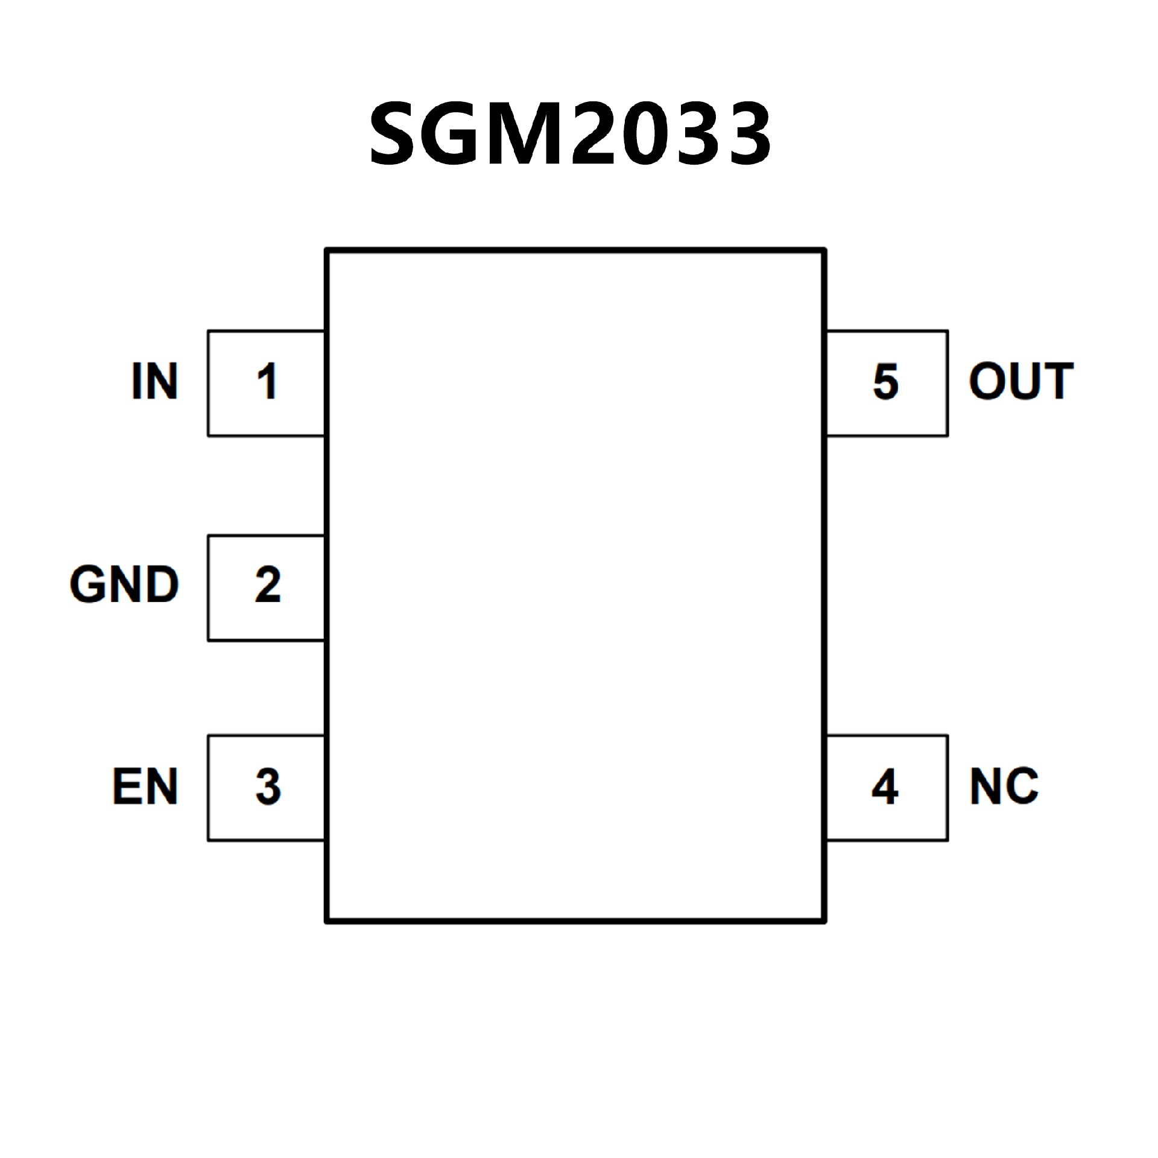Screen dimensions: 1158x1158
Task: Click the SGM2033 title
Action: coord(570,133)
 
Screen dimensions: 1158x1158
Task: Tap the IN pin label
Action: coord(154,381)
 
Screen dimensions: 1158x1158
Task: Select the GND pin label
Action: coord(124,584)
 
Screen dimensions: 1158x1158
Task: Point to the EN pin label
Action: coord(145,786)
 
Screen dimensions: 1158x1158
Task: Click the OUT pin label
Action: coord(1020,381)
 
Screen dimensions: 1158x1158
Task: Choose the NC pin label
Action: coord(1004,786)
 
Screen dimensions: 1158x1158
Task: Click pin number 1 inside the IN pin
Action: coord(267,381)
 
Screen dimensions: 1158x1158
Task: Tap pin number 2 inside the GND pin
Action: coord(267,584)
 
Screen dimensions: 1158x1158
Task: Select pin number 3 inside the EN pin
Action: coord(268,786)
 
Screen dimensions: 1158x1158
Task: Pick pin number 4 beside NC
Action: coord(885,786)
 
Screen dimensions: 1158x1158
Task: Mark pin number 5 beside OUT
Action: coord(885,381)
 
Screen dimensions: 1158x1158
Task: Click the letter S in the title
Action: coord(396,133)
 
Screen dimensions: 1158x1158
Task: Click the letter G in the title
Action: coord(454,133)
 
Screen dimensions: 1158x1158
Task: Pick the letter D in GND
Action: coord(162,584)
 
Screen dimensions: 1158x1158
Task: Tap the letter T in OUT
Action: coord(1057,381)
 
